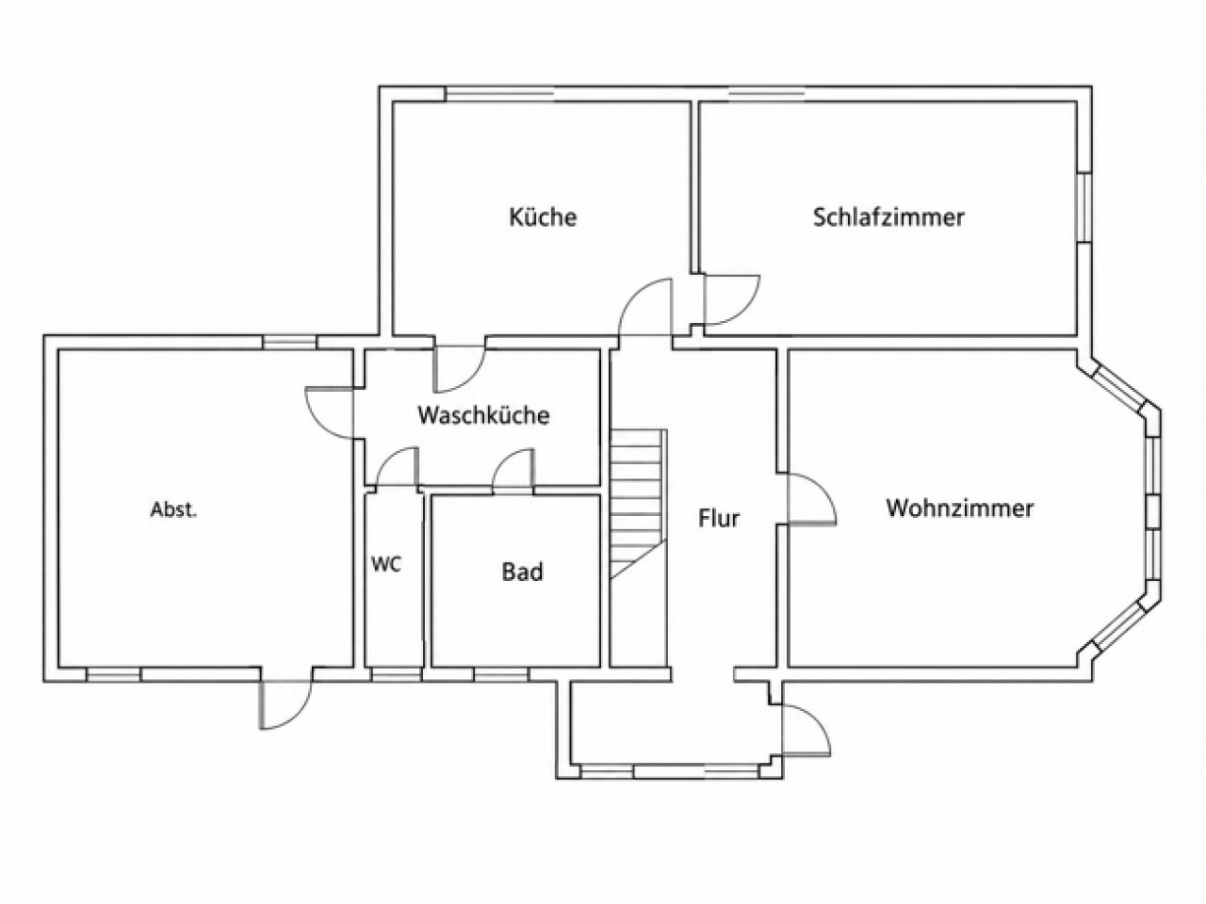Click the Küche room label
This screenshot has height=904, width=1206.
pos(543,218)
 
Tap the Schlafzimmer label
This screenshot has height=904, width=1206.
pos(888,218)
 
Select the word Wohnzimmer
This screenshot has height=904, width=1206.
pos(960,508)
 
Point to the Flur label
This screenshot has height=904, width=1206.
pos(719,518)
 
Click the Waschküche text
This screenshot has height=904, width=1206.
pos(483,415)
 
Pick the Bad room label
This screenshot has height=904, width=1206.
pos(522,572)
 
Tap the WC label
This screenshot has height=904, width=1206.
pos(386,564)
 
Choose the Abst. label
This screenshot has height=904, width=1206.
pos(173,510)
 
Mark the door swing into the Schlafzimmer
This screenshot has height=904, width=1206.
pos(731,300)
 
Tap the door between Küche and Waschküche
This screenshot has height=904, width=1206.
pos(461,369)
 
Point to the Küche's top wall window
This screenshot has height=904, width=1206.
pos(498,94)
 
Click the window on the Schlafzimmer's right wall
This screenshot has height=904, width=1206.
pos(1084,208)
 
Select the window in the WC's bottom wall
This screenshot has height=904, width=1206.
pos(396,674)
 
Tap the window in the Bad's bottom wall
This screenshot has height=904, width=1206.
pos(500,674)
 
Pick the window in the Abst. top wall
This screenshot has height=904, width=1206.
pos(289,342)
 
